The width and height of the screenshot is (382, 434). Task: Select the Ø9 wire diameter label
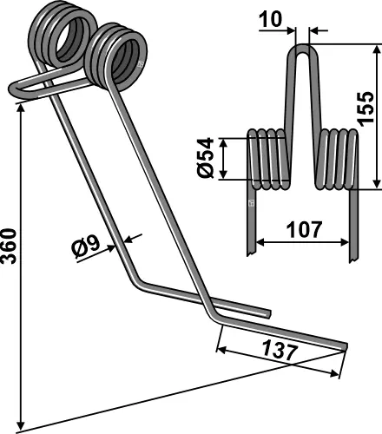tap(88, 247)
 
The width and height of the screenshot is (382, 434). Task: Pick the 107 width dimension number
tap(301, 231)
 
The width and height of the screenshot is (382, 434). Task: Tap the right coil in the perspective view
tap(118, 56)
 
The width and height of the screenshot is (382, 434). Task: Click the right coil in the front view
tap(337, 160)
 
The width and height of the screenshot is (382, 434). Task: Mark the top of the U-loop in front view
tap(301, 50)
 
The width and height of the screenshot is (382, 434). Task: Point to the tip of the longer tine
tap(343, 347)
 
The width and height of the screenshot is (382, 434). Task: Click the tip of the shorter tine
tap(268, 312)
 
